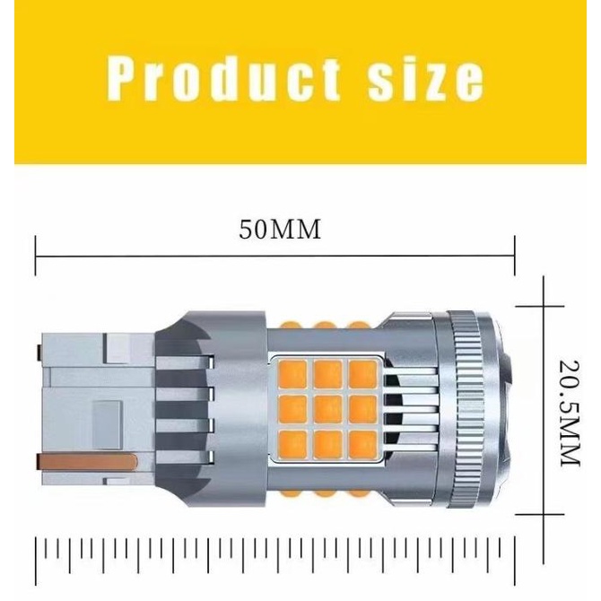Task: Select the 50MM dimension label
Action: pyautogui.click(x=280, y=231)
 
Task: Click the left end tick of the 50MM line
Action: pyautogui.click(x=36, y=256)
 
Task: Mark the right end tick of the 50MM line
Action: pyautogui.click(x=515, y=256)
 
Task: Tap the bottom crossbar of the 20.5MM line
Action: pyautogui.click(x=544, y=538)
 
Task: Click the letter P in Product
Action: pyautogui.click(x=121, y=78)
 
